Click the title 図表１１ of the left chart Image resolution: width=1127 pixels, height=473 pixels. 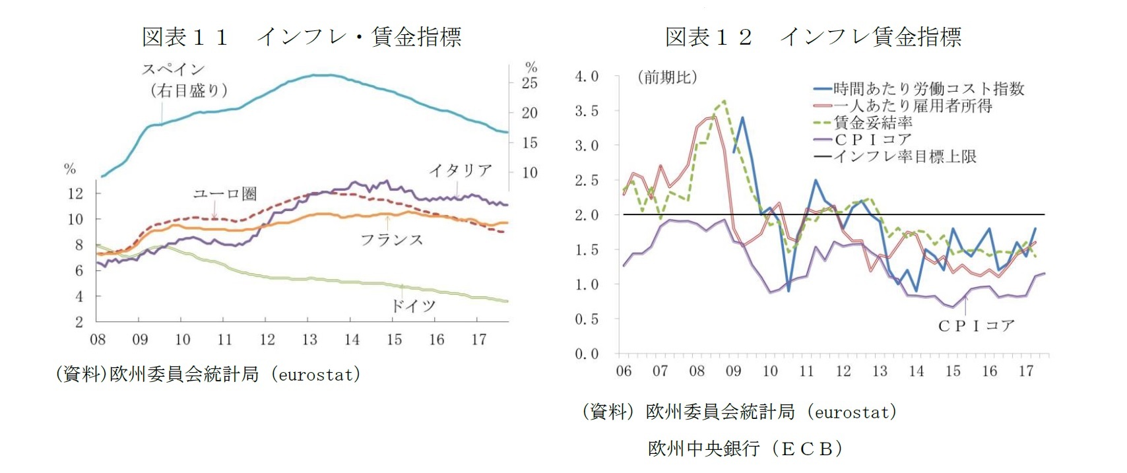point(185,37)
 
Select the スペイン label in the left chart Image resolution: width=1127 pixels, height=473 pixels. point(174,69)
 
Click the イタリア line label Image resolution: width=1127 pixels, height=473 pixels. point(461,170)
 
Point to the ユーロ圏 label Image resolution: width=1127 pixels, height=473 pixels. point(224,193)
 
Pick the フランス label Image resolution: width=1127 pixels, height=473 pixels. point(391,239)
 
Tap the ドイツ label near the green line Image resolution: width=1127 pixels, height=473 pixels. point(414,305)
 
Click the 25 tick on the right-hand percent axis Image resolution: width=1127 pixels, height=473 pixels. point(530,83)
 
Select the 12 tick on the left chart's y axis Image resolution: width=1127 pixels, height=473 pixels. point(76,193)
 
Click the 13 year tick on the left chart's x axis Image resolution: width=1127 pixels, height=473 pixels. point(309,340)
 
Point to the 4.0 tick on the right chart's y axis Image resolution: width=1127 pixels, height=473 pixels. point(587,77)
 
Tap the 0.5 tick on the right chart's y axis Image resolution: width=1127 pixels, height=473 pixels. point(587,319)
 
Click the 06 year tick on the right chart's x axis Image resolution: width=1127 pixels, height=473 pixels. point(624,371)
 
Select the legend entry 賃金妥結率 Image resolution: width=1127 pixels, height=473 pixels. point(873,123)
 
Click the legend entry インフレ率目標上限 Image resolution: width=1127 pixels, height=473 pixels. point(905,157)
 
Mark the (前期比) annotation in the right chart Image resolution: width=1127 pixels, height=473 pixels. point(667,77)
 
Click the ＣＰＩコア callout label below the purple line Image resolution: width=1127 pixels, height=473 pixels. point(976,326)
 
